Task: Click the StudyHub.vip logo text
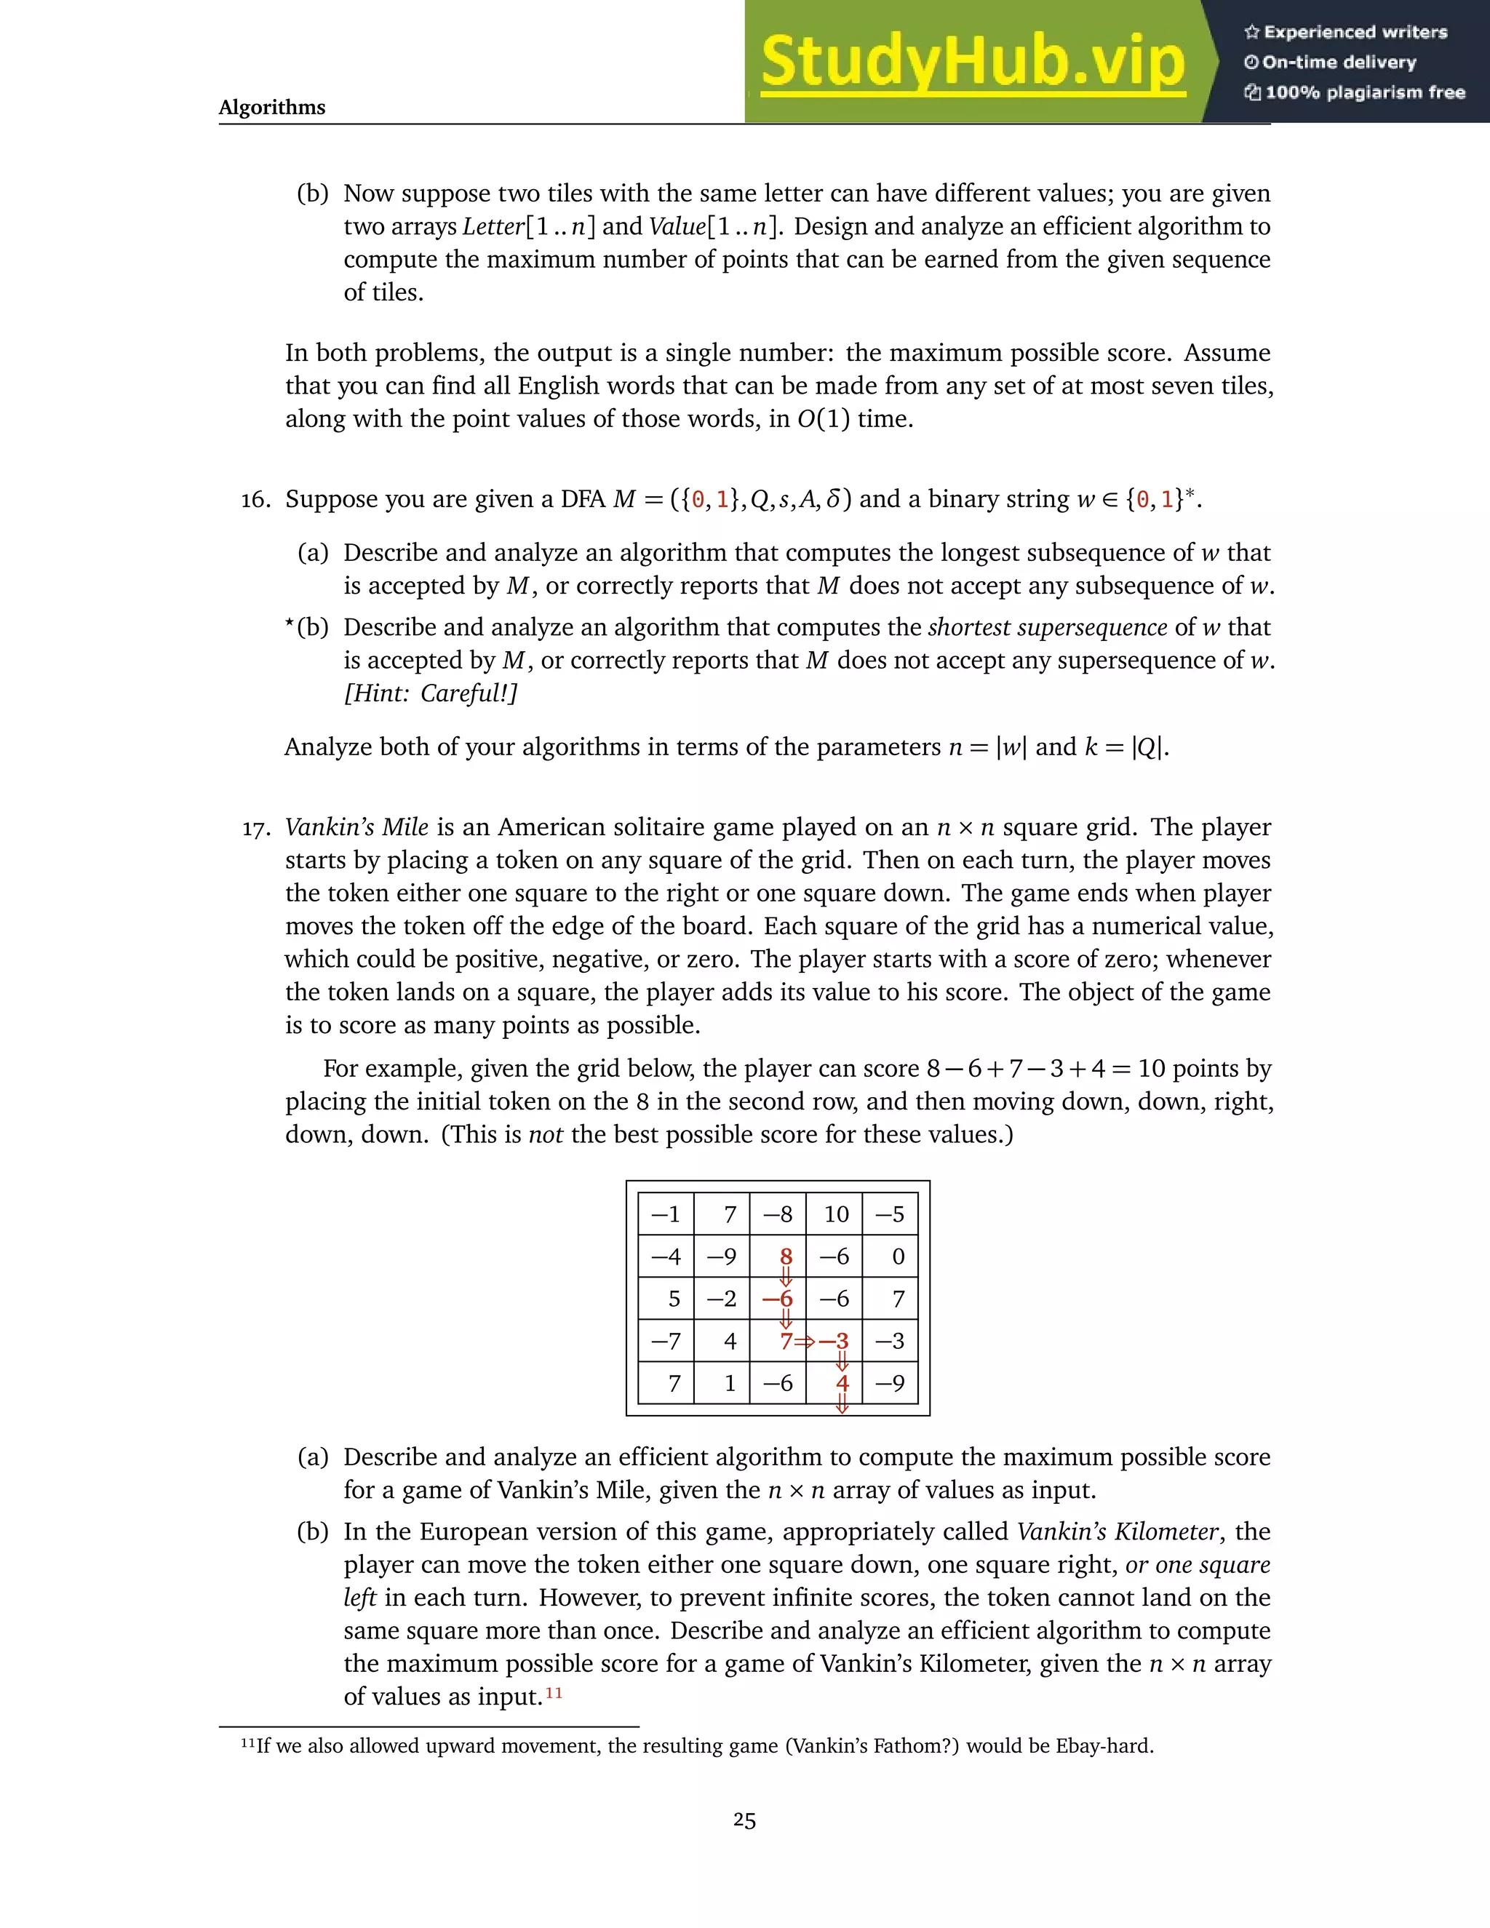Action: coord(973,63)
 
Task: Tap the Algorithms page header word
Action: coord(272,108)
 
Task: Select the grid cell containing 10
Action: coord(835,1215)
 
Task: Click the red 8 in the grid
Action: coord(786,1256)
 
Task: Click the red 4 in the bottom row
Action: coord(842,1383)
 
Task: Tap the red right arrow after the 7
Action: coord(804,1342)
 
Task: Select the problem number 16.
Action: coord(255,501)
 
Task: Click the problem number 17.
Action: coord(255,829)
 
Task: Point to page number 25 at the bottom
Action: coord(744,1820)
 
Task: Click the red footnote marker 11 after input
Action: coord(554,1693)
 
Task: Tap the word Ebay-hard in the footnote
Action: coord(1104,1746)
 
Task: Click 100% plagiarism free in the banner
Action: coord(1365,92)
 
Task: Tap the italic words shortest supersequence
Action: coord(1047,628)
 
